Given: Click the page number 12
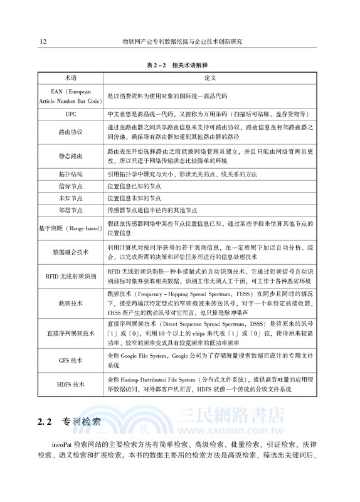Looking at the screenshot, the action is click(x=41, y=41).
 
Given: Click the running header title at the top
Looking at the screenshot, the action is click(x=182, y=41).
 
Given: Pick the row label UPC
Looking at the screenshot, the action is click(x=71, y=115).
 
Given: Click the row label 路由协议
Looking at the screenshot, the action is click(x=71, y=132).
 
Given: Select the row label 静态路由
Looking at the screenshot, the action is click(x=71, y=154).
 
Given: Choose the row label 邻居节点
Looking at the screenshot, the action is click(x=71, y=210).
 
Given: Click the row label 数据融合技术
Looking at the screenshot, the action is click(x=71, y=252).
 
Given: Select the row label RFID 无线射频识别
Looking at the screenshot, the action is click(x=71, y=276).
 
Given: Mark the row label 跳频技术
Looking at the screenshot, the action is click(x=71, y=303).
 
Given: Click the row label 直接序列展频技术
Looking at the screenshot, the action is click(x=71, y=333).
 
